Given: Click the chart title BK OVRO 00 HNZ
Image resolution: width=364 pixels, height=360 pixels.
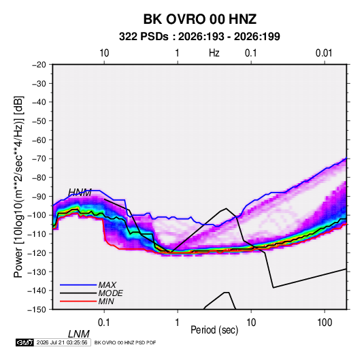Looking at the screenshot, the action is coord(199,19).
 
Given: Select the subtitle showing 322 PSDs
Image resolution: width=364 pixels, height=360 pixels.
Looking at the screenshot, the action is coord(199,37).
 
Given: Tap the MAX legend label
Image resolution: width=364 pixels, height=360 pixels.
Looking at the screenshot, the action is coord(107,285).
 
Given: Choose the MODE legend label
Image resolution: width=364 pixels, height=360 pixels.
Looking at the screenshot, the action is coord(110,293).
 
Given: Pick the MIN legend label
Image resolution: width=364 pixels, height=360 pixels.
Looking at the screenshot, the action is coord(106,301).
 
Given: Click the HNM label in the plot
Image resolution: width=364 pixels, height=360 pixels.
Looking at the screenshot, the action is coord(80,193).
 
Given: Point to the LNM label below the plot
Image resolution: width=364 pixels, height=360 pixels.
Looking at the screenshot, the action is coord(79,334).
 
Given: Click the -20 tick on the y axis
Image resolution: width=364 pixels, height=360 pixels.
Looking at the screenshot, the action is coord(39,65).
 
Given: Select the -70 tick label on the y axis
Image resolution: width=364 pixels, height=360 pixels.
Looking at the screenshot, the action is coord(39,159).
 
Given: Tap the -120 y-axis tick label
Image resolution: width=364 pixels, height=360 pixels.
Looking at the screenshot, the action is coord(37,253).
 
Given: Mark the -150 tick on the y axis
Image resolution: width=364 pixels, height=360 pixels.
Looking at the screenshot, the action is coord(37,310).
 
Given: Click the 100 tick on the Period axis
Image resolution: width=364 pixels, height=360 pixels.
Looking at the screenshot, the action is coord(325,323).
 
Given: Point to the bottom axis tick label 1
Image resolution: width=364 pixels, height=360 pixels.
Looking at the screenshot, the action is coord(178,323).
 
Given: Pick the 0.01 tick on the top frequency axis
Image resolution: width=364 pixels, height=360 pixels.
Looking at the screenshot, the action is coord(324,53).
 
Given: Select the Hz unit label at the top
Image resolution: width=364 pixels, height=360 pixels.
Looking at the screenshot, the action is coord(214,53).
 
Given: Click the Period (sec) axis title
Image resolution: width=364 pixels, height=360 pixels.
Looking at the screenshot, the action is coord(214,330).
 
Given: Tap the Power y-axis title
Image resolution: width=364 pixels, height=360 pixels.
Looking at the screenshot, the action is coord(18,187).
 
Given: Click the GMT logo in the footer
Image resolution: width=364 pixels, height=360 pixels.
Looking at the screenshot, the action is coord(24,342).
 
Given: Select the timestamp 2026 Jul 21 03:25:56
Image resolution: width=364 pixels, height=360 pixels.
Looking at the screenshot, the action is coord(62,342).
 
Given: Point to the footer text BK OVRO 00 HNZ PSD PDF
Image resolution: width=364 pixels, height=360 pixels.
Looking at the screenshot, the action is coord(125,342).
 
